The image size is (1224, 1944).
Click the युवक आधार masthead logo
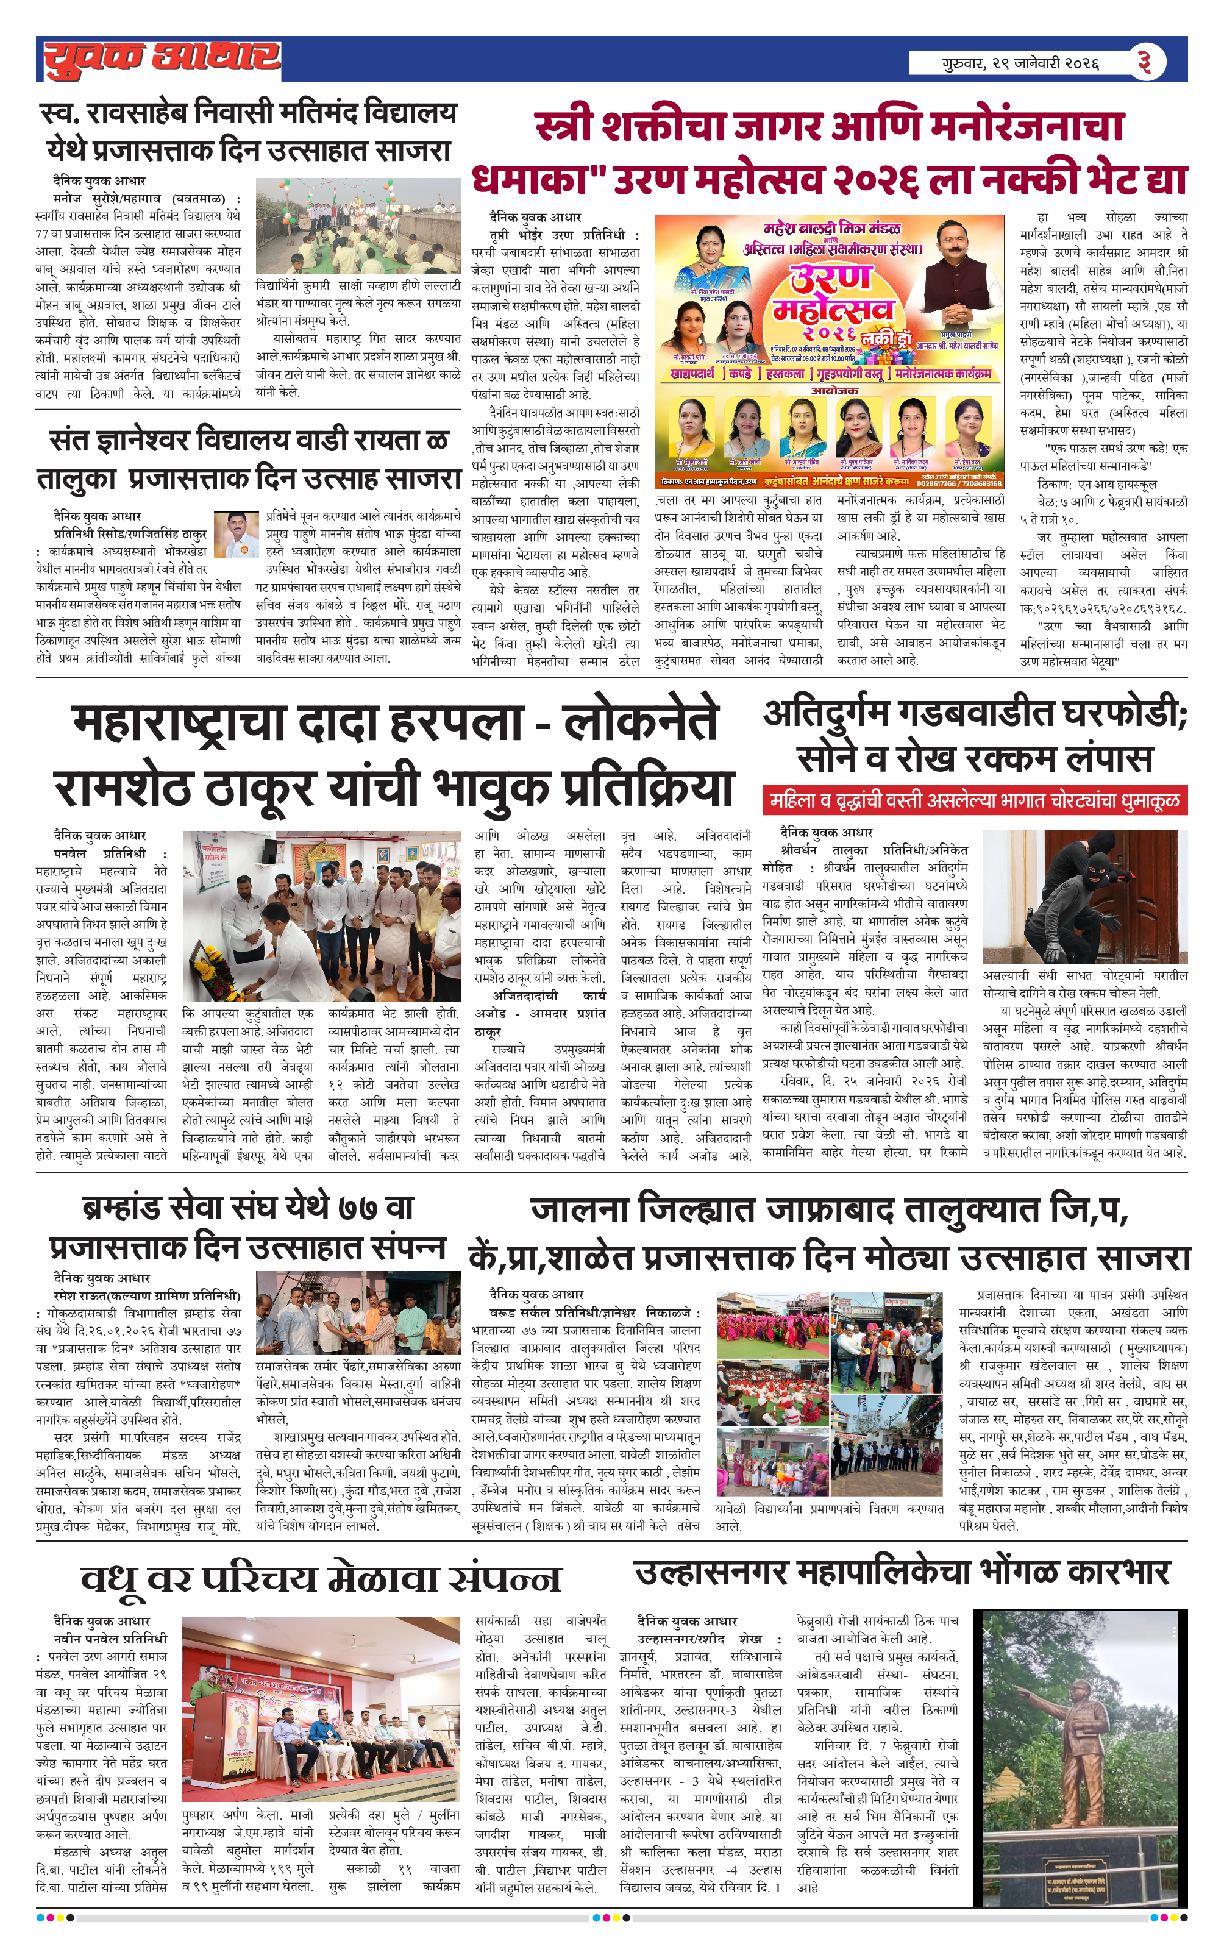[162, 59]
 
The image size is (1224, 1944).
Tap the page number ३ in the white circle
[1144, 62]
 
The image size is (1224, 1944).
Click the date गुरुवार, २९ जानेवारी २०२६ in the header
[1020, 63]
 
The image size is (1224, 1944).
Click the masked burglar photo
[1085, 896]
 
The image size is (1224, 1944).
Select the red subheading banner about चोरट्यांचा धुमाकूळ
[975, 800]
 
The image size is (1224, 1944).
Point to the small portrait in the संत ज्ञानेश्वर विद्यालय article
[236, 535]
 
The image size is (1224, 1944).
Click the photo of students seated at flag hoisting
[358, 226]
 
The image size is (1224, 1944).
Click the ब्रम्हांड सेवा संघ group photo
[358, 1314]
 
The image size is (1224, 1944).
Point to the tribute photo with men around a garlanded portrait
[321, 916]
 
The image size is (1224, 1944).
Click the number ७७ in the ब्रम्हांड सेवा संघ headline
[358, 1208]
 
